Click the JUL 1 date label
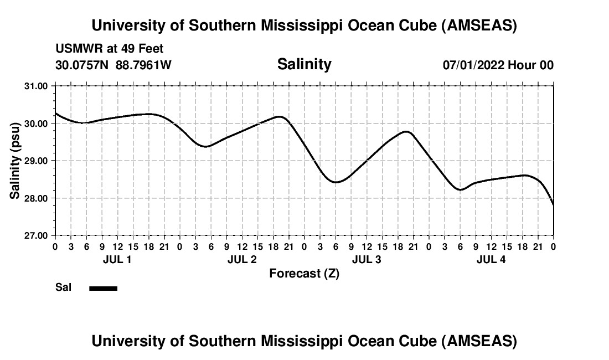click(117, 260)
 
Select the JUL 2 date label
click(242, 260)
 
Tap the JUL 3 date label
click(367, 260)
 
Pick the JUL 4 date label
click(491, 260)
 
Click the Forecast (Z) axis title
click(304, 274)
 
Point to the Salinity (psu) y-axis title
click(15, 161)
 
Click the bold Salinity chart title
click(304, 64)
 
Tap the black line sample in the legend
click(103, 288)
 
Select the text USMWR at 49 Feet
click(110, 49)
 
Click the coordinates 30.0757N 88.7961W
click(113, 65)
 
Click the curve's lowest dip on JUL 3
click(336, 182)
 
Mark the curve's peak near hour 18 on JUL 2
click(280, 116)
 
